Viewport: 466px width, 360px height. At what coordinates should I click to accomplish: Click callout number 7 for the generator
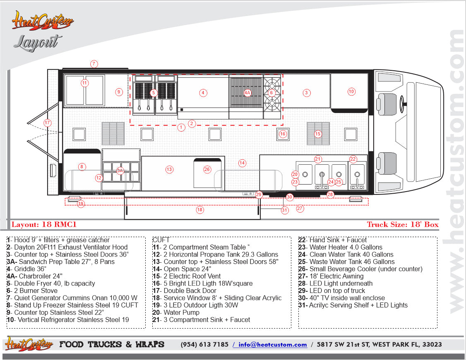coord(94,64)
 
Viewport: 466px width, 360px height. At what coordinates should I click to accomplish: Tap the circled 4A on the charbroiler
coord(247,93)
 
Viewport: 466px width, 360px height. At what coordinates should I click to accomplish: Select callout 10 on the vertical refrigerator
coord(351,91)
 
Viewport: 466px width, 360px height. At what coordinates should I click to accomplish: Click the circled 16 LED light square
coord(283,134)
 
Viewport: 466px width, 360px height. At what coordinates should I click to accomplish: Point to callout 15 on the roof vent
coord(318,134)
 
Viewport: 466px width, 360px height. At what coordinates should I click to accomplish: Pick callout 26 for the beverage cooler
coord(207,169)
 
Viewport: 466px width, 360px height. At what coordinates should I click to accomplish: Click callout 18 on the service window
coord(200,210)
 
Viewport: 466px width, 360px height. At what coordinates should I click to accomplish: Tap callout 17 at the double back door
coord(47,122)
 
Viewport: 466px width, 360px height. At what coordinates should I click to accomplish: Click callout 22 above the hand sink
coord(353,159)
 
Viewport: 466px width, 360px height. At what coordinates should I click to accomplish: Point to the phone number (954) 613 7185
coord(204,345)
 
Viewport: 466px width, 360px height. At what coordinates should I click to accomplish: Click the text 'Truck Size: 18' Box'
coord(403,225)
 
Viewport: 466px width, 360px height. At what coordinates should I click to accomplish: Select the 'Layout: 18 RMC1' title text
coord(44,225)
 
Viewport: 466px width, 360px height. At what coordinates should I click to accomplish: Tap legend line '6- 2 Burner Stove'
coord(32,291)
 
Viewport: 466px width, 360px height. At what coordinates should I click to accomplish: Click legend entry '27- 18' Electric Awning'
coord(331,276)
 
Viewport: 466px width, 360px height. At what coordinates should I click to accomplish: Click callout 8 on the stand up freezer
coord(82,167)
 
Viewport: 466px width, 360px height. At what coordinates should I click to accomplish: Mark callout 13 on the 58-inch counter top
coord(169,169)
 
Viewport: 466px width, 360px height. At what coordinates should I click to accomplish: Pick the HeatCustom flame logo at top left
coord(43,21)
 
